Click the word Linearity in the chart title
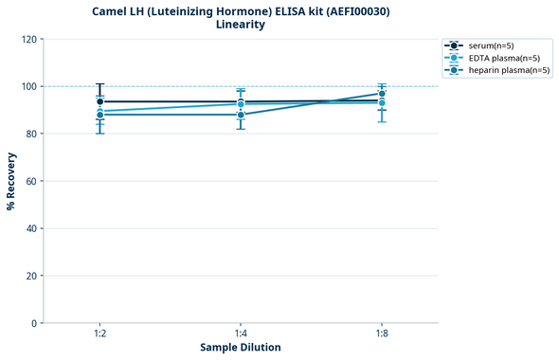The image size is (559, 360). point(241,25)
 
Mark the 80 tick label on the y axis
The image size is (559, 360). point(30,134)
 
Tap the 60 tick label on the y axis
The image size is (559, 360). point(30,181)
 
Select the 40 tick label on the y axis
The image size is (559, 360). point(30,228)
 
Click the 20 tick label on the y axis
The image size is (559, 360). point(30,276)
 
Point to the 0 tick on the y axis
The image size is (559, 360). point(33,323)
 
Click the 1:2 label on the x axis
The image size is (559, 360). point(100,334)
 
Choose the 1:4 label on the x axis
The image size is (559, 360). point(241,334)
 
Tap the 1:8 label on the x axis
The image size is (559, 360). point(381,334)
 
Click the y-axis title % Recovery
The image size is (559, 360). point(12,180)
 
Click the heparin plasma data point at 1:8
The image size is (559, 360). point(381,94)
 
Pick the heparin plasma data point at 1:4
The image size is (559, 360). point(241,115)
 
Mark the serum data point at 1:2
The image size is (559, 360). point(100,101)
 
